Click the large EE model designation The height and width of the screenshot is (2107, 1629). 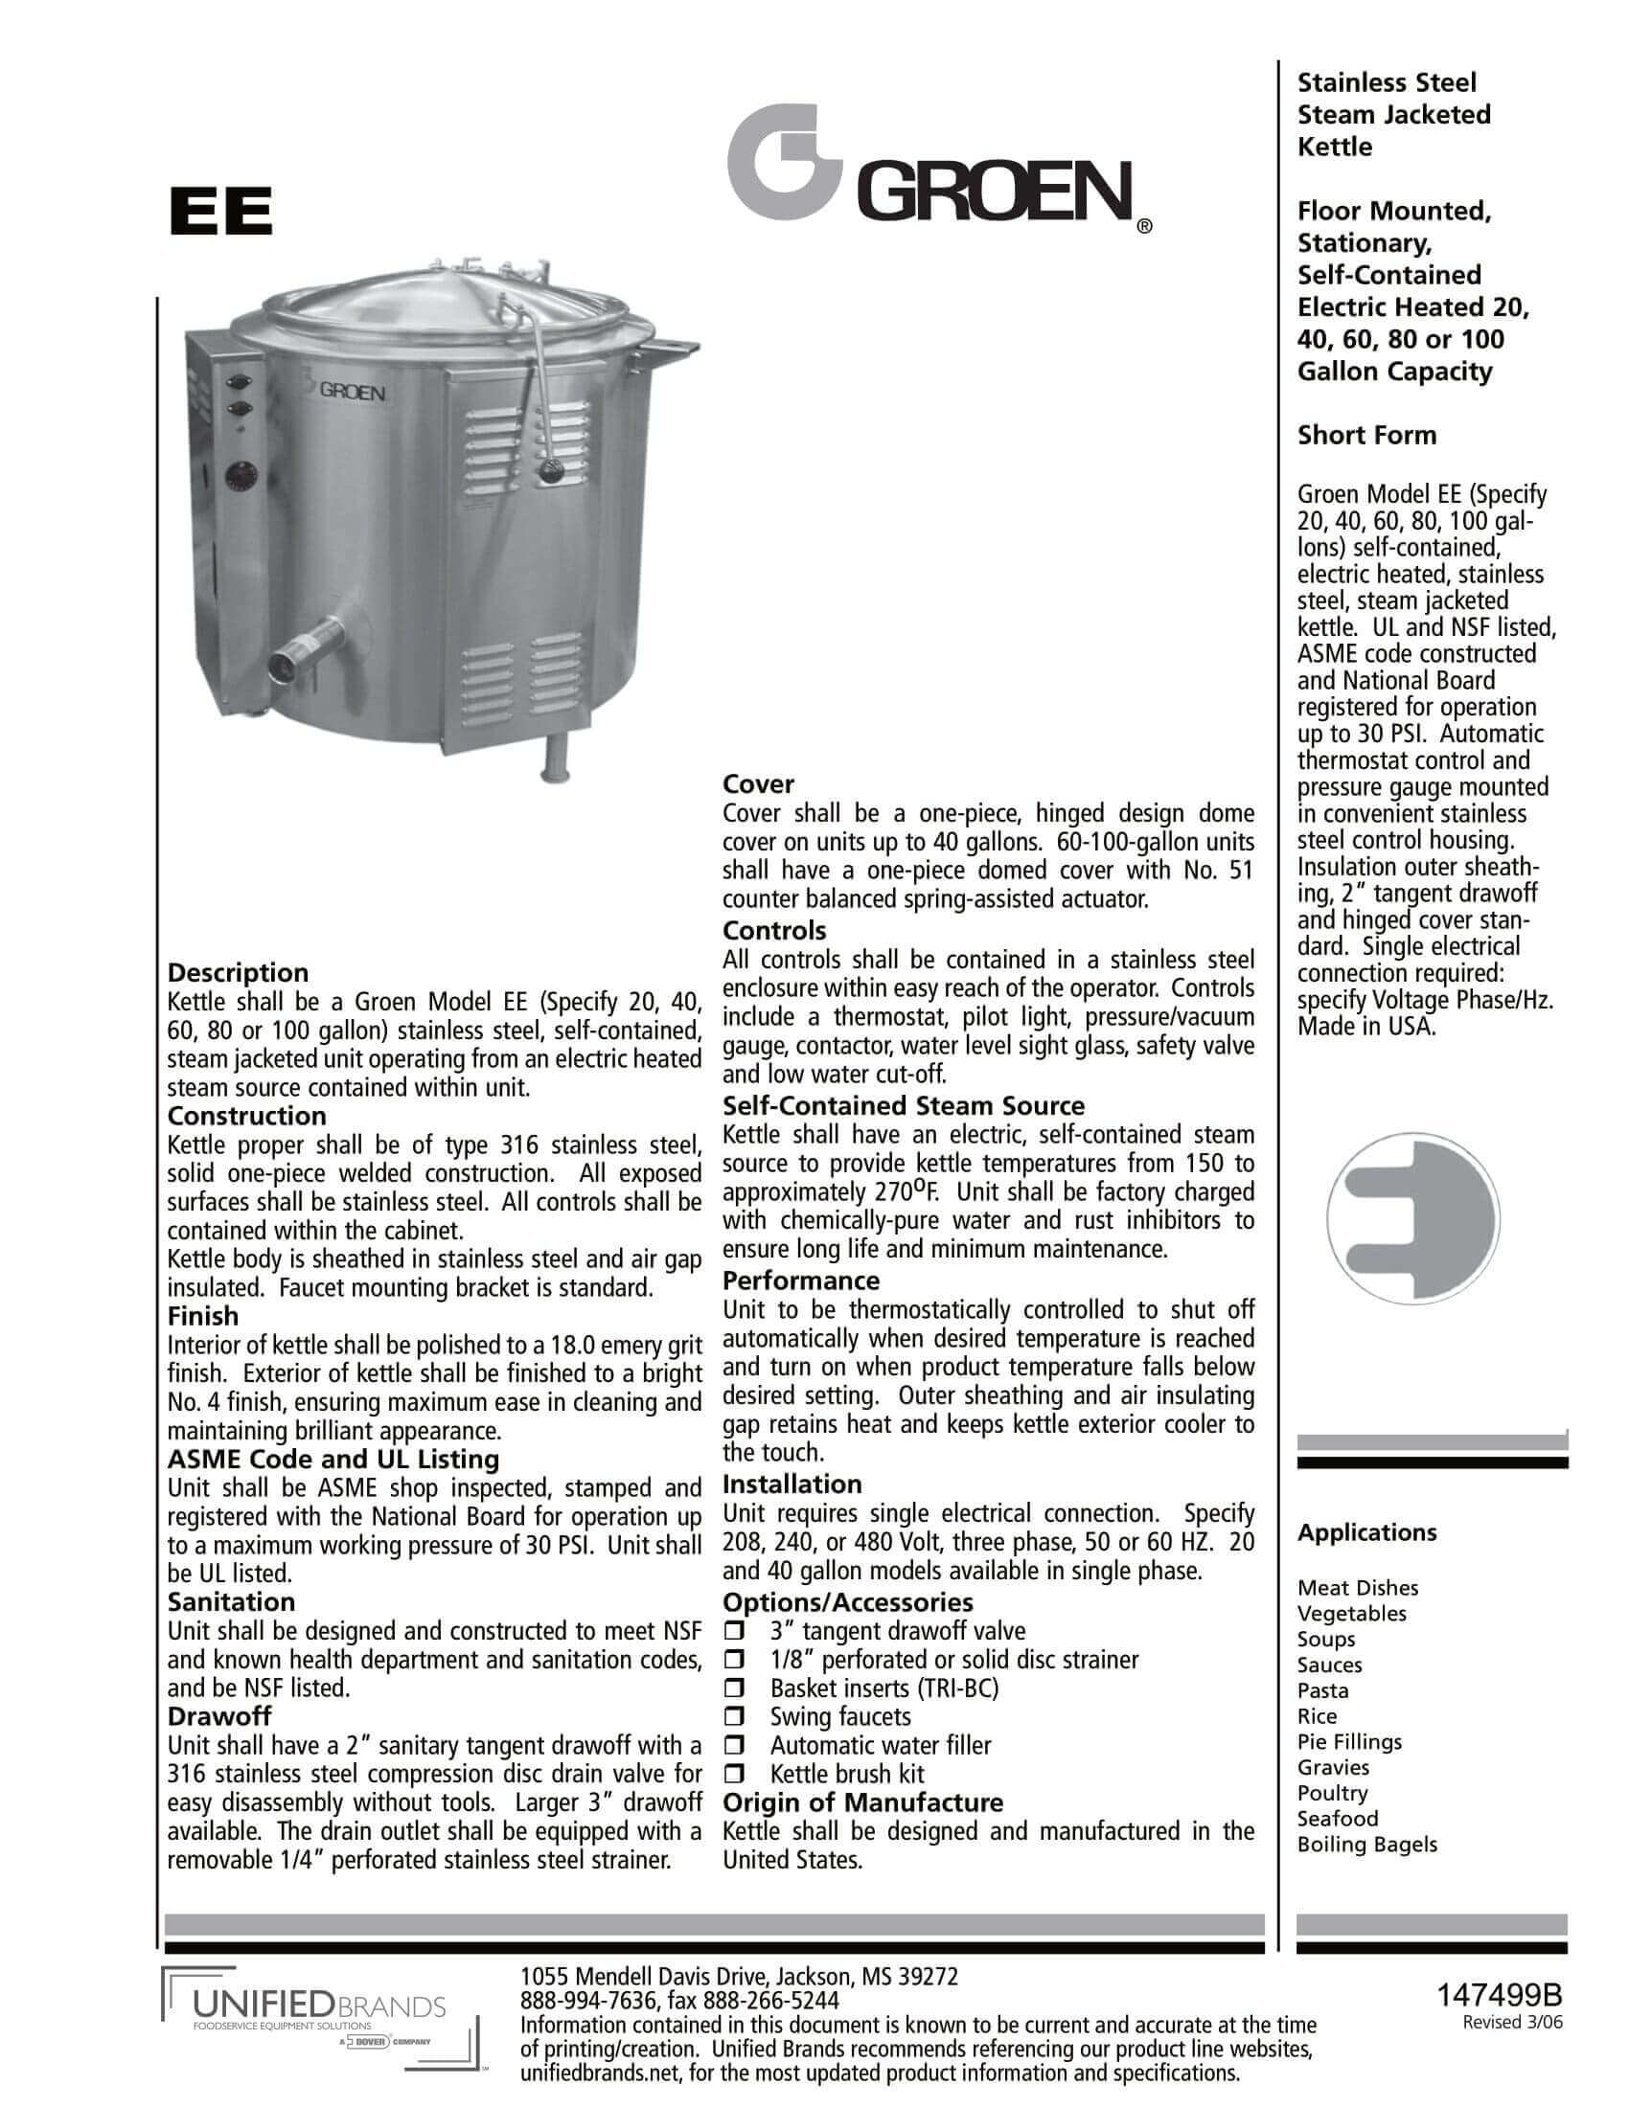pyautogui.click(x=220, y=212)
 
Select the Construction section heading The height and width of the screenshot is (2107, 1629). pyautogui.click(x=247, y=1116)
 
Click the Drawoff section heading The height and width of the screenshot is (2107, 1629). pyautogui.click(x=219, y=1716)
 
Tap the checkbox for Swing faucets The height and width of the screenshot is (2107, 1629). pyautogui.click(x=735, y=1717)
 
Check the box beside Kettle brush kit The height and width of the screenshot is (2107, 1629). pyautogui.click(x=735, y=1774)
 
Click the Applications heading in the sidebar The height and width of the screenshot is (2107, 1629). pyautogui.click(x=1366, y=1533)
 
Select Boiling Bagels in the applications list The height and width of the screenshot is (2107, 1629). pyautogui.click(x=1366, y=1845)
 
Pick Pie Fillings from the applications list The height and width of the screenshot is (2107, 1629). pyautogui.click(x=1349, y=1742)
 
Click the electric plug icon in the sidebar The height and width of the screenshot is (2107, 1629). pyautogui.click(x=1411, y=1219)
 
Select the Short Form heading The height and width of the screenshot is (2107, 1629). pyautogui.click(x=1366, y=435)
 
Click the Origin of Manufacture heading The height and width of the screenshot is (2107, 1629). pyautogui.click(x=862, y=1803)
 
